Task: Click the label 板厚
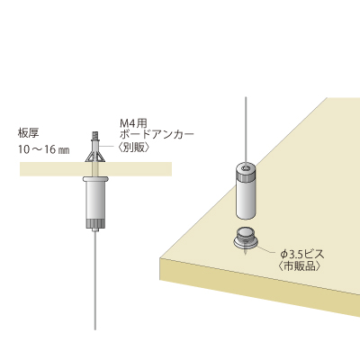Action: [x=29, y=133]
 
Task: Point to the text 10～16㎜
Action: [x=44, y=149]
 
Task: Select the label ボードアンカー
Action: [x=157, y=134]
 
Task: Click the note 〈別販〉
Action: [x=132, y=148]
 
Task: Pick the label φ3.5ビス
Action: [x=302, y=255]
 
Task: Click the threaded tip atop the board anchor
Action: [x=94, y=135]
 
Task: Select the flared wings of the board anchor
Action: [x=94, y=157]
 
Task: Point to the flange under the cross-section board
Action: [x=94, y=179]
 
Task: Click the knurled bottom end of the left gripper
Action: [x=94, y=223]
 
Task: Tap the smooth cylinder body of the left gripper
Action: [x=94, y=201]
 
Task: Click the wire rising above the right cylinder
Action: [x=246, y=130]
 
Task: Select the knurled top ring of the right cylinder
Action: [x=246, y=173]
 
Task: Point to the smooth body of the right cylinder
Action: [x=246, y=200]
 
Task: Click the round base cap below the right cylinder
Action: [x=246, y=239]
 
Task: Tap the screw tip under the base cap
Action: [x=246, y=252]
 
